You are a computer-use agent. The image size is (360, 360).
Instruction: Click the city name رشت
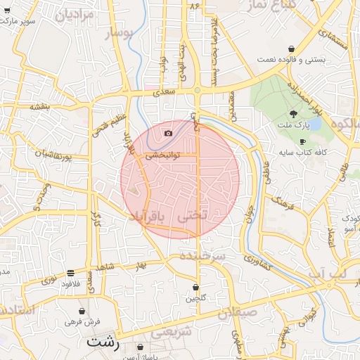tap(101, 342)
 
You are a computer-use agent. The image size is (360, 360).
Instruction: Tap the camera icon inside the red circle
tap(168, 133)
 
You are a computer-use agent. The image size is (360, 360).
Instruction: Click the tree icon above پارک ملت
tap(293, 113)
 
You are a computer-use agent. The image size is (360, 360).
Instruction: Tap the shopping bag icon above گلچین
tap(196, 287)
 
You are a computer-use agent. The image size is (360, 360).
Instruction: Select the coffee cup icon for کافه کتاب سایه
tap(302, 141)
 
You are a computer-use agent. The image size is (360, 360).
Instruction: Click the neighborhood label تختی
tap(194, 217)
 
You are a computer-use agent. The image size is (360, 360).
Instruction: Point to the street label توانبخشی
tap(163, 154)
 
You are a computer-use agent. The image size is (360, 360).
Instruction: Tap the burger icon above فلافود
tap(70, 273)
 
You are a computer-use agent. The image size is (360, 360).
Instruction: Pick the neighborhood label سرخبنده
tap(202, 256)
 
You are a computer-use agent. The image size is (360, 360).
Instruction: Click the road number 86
tap(195, 6)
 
